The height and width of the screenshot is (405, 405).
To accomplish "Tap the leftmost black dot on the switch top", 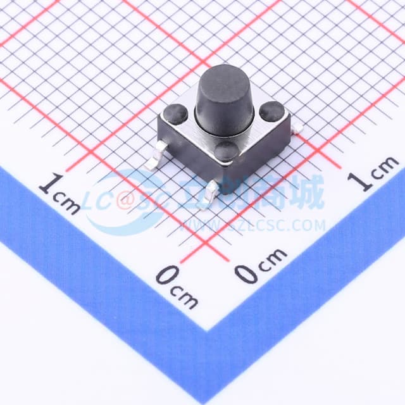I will pyautogui.click(x=175, y=114).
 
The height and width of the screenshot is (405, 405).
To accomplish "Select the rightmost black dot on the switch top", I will pyautogui.click(x=271, y=111).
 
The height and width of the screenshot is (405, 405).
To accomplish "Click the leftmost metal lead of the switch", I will pyautogui.click(x=153, y=163).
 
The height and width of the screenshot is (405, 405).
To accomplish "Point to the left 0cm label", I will pyautogui.click(x=177, y=286).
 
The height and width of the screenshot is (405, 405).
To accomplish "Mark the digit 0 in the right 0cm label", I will pyautogui.click(x=247, y=272).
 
